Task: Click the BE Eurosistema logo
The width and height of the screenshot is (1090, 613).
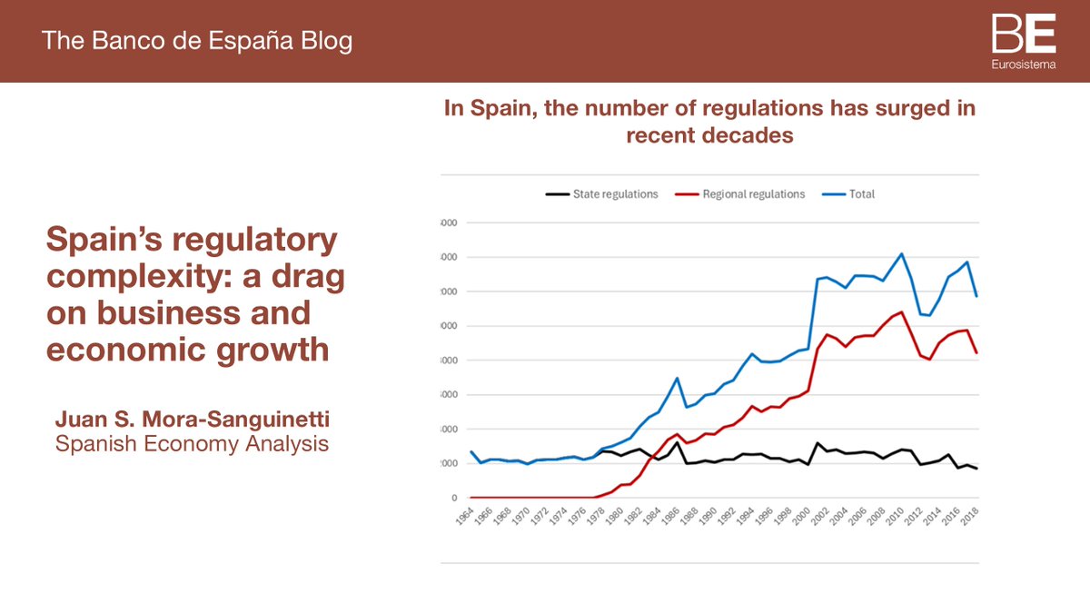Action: pos(1023,40)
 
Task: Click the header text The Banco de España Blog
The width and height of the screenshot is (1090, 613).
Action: pos(197,41)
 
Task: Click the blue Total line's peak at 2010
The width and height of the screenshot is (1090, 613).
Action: pos(901,253)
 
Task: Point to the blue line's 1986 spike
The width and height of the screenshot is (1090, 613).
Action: pos(677,378)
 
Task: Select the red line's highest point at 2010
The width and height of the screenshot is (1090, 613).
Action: pos(901,312)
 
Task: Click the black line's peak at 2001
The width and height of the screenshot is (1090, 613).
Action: pos(817,443)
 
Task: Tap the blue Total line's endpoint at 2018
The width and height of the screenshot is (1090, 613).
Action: pos(976,296)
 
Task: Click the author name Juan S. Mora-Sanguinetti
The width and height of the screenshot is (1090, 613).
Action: pos(192,419)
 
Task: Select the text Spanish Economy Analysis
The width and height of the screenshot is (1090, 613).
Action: pos(192,444)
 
